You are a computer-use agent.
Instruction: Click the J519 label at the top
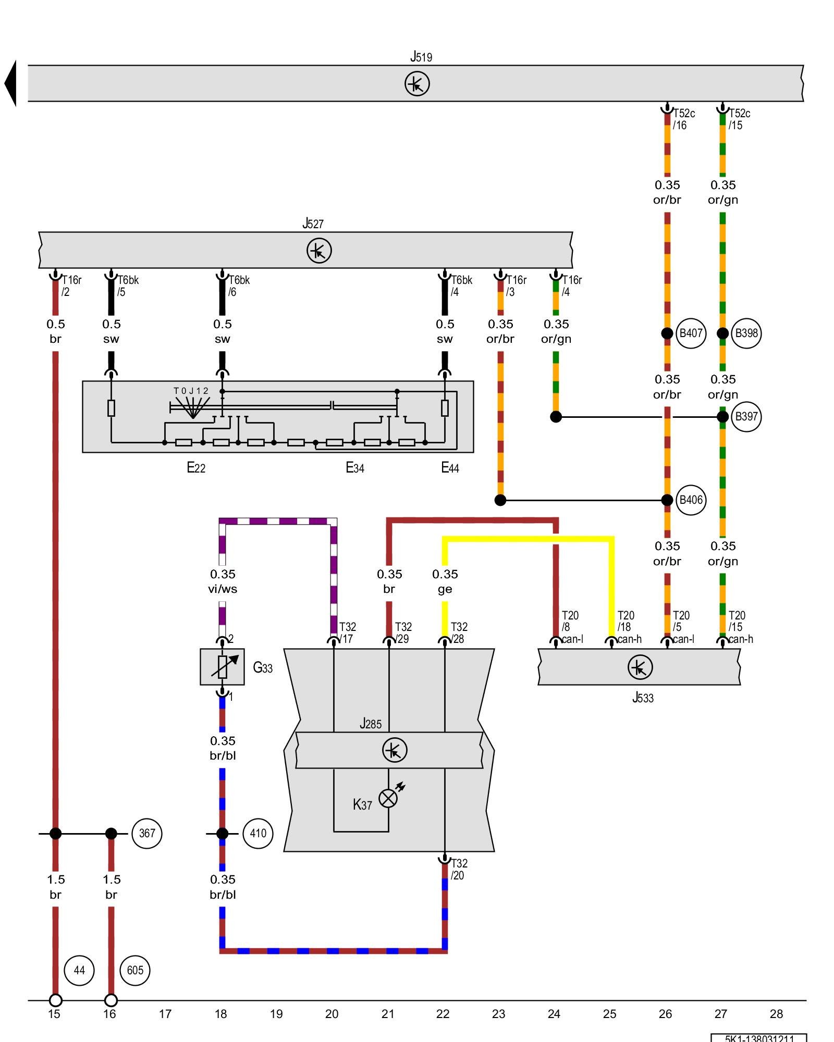click(x=421, y=57)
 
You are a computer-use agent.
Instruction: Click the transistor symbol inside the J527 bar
click(x=319, y=251)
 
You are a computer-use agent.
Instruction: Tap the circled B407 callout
click(x=691, y=333)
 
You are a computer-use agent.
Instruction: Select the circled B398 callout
click(x=746, y=333)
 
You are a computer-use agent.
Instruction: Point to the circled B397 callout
click(x=746, y=417)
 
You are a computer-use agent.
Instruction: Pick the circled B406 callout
click(x=691, y=500)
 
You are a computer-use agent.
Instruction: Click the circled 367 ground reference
click(x=147, y=834)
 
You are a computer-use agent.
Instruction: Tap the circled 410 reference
click(x=258, y=834)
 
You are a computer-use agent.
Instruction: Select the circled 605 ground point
click(x=135, y=970)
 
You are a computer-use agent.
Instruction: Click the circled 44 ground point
click(x=79, y=970)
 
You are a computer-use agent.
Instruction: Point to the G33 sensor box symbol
click(x=222, y=667)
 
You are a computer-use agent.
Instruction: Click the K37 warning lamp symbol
click(x=388, y=798)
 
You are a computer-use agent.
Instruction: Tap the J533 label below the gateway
click(x=643, y=698)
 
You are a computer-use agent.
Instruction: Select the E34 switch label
click(x=355, y=468)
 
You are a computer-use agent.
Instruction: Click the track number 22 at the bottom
click(x=443, y=1014)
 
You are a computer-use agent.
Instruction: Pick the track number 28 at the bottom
click(x=776, y=1014)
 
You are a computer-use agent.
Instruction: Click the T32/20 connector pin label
click(x=458, y=869)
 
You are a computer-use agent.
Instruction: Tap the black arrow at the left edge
click(x=10, y=83)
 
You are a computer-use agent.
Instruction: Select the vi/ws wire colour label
click(x=223, y=589)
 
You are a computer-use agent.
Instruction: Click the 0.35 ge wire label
click(x=445, y=581)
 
